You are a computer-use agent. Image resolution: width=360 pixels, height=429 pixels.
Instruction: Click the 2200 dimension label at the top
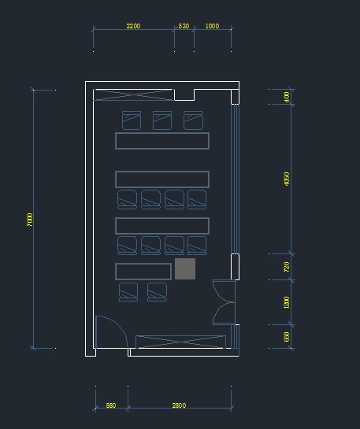click(133, 26)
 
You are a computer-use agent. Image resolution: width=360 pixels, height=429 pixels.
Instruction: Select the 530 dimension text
click(184, 26)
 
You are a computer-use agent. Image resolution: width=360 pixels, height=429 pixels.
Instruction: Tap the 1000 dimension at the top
click(212, 26)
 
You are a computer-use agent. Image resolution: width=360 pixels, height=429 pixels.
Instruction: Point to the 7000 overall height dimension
click(30, 220)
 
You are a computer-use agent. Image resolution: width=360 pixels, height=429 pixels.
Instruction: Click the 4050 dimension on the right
click(287, 179)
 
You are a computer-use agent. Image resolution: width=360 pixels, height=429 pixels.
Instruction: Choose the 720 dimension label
click(287, 267)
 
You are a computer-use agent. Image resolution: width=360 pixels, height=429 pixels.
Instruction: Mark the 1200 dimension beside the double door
click(287, 301)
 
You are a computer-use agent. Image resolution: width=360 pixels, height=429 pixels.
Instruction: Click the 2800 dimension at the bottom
click(179, 405)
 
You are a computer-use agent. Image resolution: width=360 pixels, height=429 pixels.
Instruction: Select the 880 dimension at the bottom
click(111, 405)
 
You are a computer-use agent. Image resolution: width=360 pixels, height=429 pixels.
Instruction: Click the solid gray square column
click(185, 268)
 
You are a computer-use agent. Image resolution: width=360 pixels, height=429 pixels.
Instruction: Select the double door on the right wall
click(224, 301)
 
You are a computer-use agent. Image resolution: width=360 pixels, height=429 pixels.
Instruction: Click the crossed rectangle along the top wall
click(132, 95)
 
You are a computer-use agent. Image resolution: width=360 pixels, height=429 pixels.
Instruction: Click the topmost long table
click(162, 141)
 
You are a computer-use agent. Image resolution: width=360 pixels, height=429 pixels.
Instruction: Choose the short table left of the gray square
click(143, 272)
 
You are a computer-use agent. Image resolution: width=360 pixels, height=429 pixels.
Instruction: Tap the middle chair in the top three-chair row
click(162, 120)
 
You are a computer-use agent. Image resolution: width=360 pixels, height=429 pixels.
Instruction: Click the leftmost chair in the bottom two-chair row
click(128, 292)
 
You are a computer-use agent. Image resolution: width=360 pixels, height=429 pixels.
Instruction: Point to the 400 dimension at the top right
click(287, 97)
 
